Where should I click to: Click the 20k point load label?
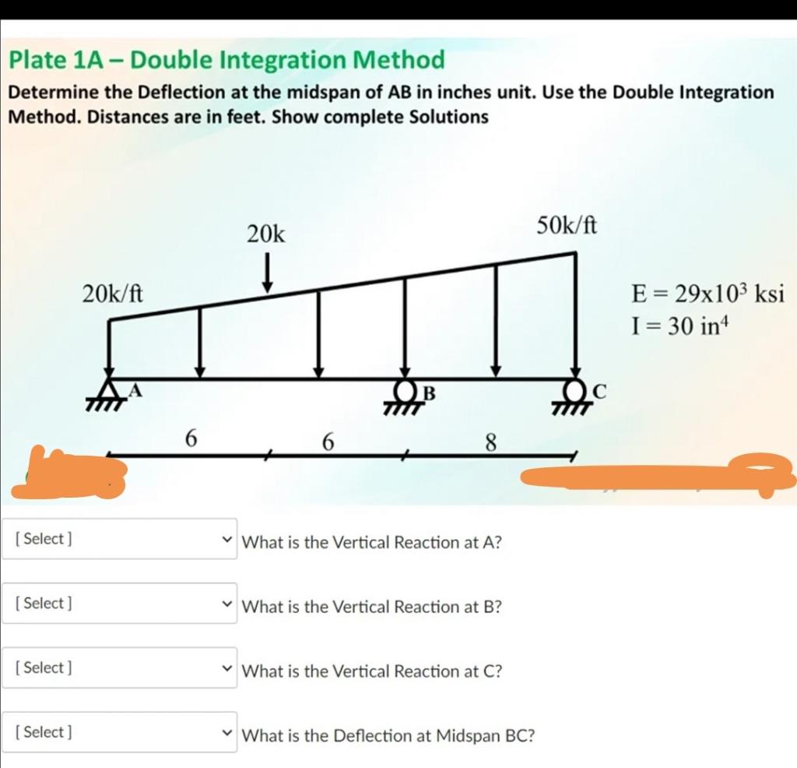[x=266, y=234]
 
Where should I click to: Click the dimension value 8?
[x=490, y=442]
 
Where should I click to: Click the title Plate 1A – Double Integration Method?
[x=226, y=59]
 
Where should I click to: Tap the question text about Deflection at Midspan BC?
[x=388, y=735]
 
